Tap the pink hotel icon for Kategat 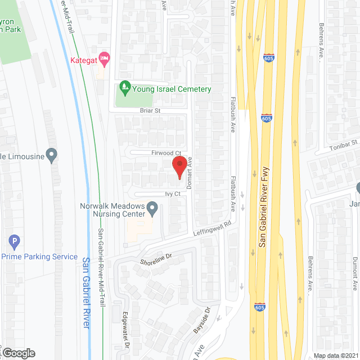pyautogui.click(x=103, y=58)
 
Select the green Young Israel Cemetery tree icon pyautogui.click(x=124, y=88)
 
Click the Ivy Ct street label pyautogui.click(x=173, y=194)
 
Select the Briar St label pyautogui.click(x=150, y=111)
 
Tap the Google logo pyautogui.click(x=19, y=353)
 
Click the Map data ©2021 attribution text pyautogui.click(x=335, y=355)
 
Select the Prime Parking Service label pyautogui.click(x=39, y=256)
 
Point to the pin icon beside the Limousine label pyautogui.click(x=52, y=155)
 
